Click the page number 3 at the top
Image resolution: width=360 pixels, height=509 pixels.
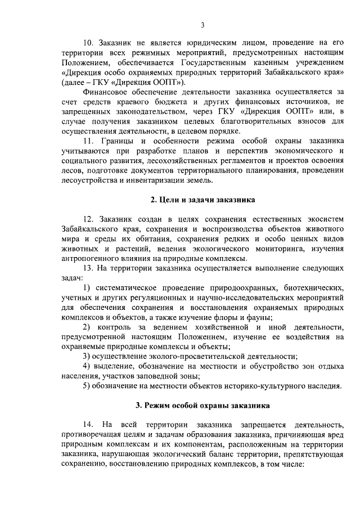point(202,24)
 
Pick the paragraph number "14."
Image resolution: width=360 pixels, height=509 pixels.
point(89,422)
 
